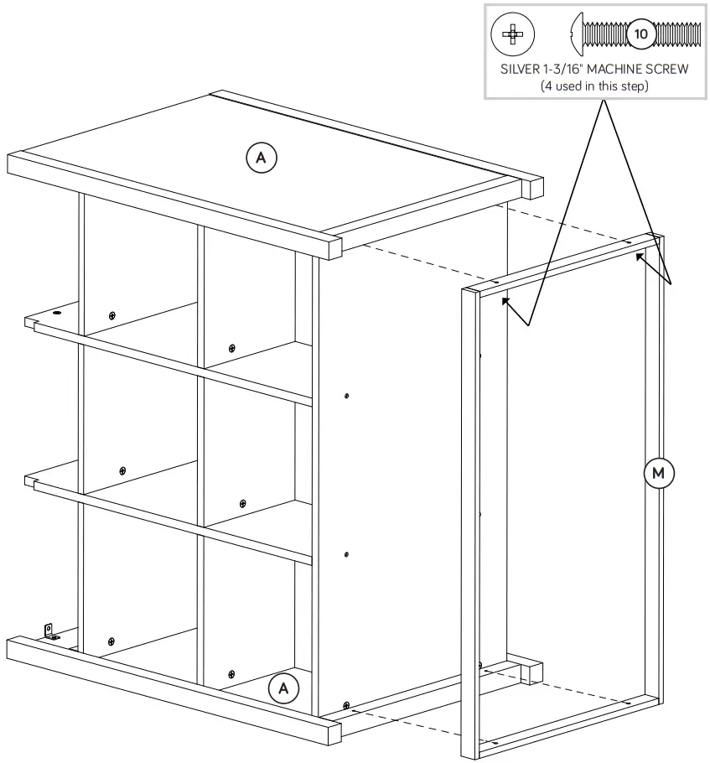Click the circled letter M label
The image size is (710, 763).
point(658,474)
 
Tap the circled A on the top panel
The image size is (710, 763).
point(261,156)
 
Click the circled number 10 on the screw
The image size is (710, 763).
point(641,34)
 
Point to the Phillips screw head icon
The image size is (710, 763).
point(511,34)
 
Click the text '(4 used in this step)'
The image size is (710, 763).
point(595,86)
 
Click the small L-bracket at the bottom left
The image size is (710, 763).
point(49,630)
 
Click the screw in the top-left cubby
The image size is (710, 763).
point(111,315)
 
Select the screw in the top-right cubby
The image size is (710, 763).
point(231,348)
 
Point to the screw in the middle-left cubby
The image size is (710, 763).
point(122,470)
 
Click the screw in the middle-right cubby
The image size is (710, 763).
point(242,503)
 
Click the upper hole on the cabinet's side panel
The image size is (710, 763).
point(347,395)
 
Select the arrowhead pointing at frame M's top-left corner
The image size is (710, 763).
point(505,302)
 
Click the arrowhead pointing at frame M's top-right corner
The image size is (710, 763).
point(640,256)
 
